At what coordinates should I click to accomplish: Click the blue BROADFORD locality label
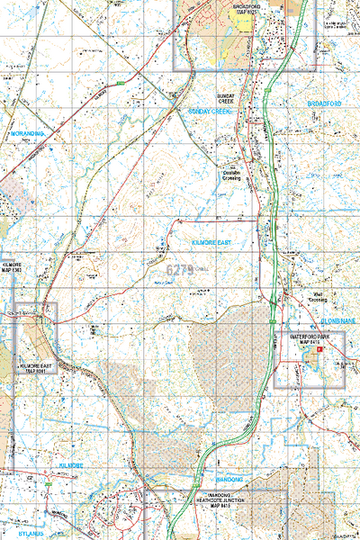[x=324, y=104]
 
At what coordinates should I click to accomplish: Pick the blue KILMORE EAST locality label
[x=212, y=244]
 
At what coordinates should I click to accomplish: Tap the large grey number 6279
[x=181, y=268]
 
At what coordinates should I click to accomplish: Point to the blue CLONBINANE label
[x=337, y=320]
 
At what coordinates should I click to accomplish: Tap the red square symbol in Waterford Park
[x=319, y=362]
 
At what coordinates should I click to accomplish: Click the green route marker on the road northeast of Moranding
[x=120, y=83]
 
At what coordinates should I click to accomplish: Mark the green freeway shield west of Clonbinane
[x=270, y=319]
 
